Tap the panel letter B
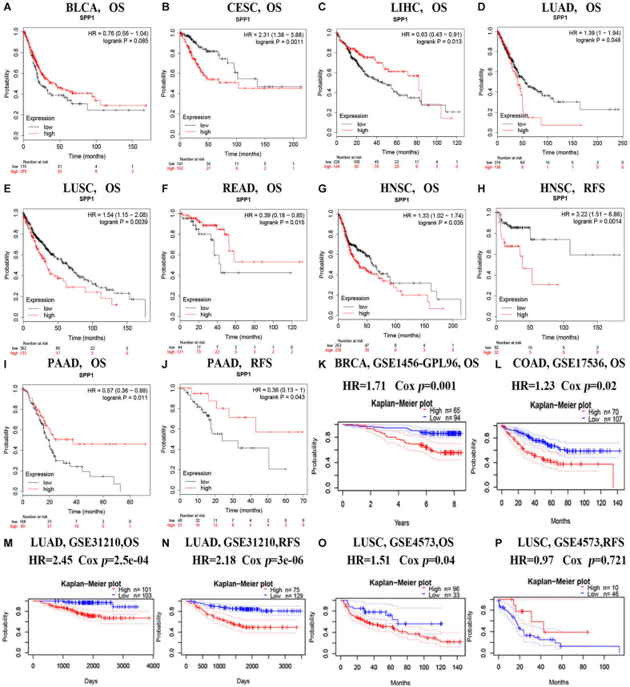(166, 7)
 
